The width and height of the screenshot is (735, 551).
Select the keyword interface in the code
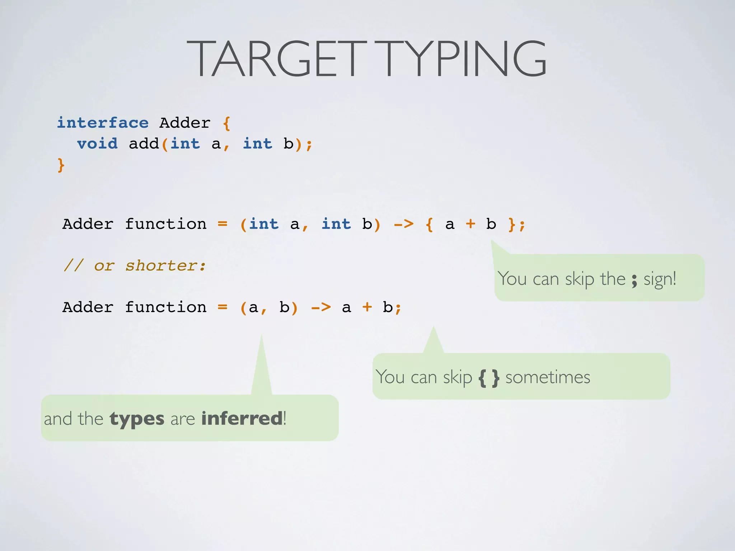[103, 123]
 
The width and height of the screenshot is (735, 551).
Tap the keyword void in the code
[97, 144]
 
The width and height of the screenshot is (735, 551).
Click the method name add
[144, 144]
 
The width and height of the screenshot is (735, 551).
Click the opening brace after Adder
[226, 123]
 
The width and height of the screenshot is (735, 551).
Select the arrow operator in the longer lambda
[404, 224]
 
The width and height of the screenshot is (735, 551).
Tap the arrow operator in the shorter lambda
[321, 307]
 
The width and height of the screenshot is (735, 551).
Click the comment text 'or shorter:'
[150, 266]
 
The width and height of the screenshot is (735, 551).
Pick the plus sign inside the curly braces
[470, 224]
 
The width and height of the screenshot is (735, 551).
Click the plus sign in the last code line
[367, 307]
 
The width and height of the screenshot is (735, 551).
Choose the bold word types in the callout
[137, 419]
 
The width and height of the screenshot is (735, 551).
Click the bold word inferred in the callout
[242, 418]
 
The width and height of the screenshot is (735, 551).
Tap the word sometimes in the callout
[548, 377]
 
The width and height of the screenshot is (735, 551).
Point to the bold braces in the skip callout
[489, 378]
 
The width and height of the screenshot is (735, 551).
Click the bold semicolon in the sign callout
[635, 280]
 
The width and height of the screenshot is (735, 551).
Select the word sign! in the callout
[660, 279]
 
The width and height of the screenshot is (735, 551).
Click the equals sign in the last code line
[223, 307]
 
